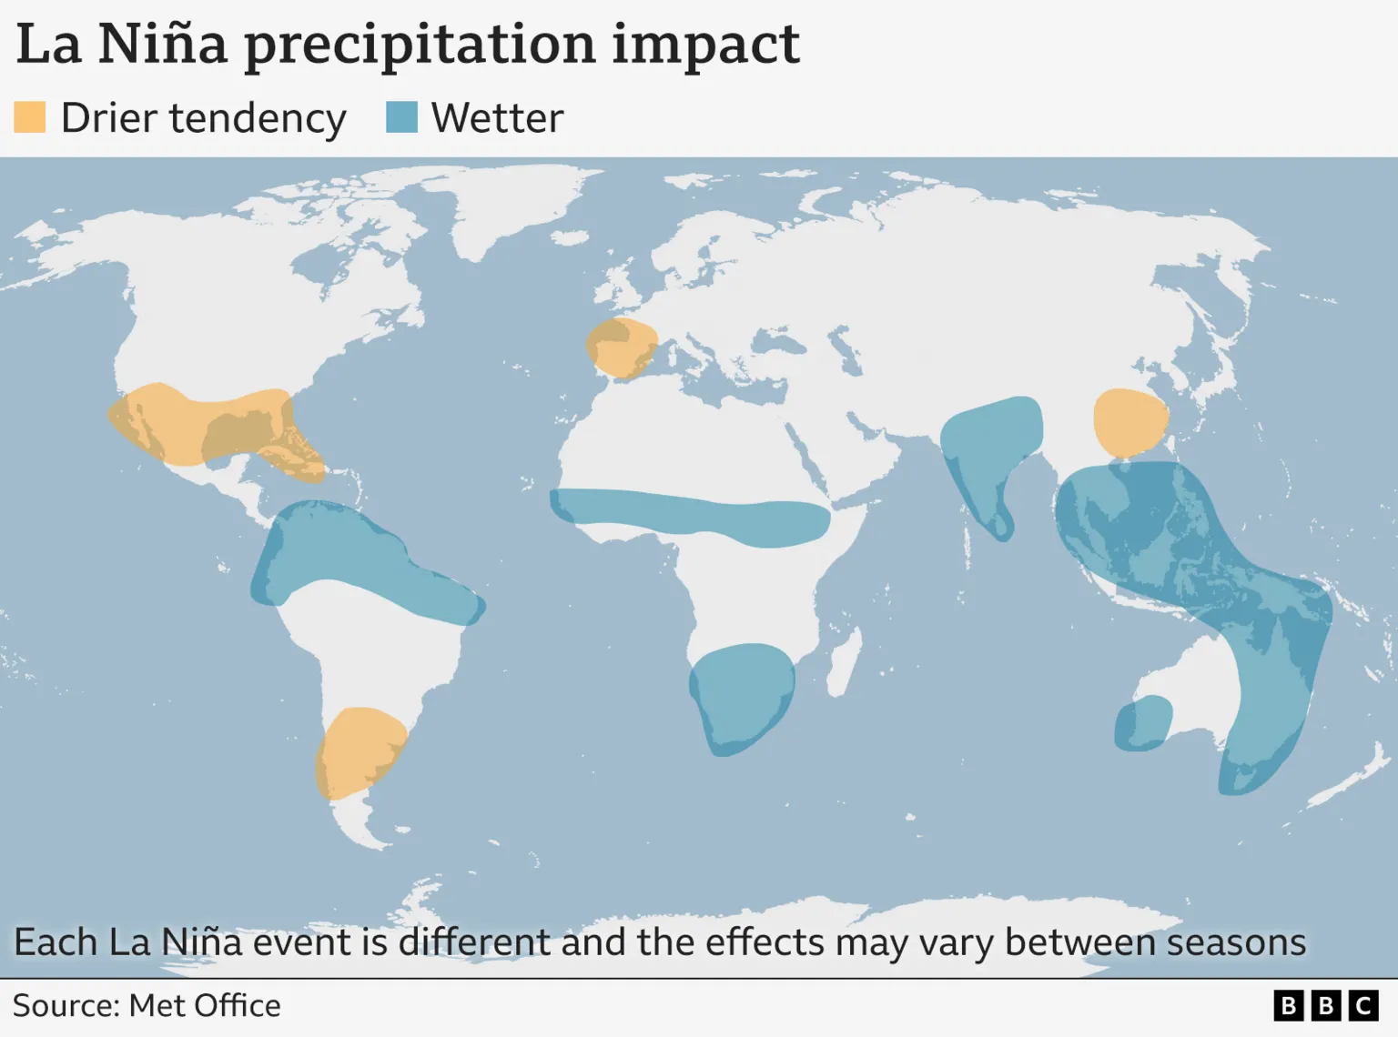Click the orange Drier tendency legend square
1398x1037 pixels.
point(30,117)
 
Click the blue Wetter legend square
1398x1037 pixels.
point(401,117)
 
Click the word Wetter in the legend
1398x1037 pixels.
point(497,118)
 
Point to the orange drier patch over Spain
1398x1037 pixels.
point(621,347)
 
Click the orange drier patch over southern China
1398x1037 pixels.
point(1129,422)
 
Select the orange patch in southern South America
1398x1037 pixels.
point(359,751)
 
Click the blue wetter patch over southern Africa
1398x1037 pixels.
point(741,697)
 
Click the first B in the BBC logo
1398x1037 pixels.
point(1288,1006)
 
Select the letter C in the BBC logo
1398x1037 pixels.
point(1363,1006)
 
